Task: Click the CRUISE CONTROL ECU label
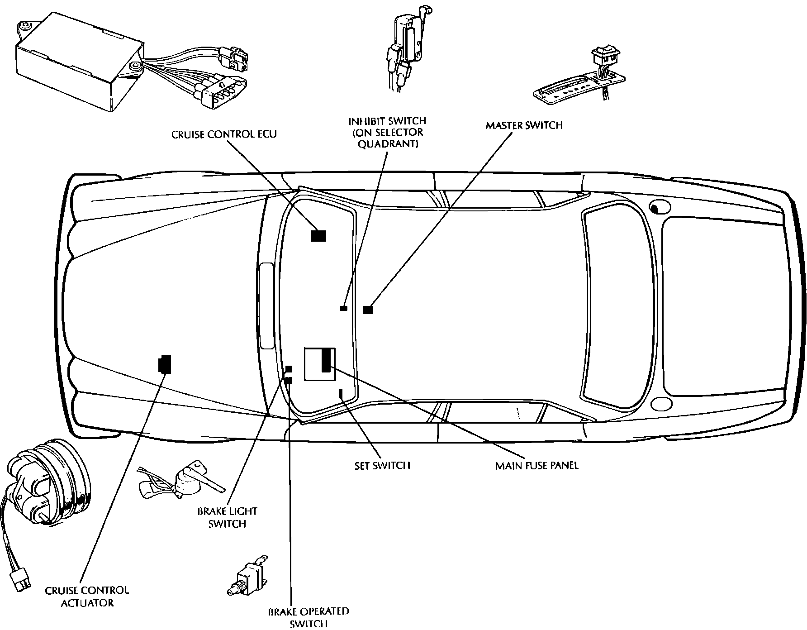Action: pos(224,134)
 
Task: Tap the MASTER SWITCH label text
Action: pos(524,125)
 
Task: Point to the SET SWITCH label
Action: pos(382,465)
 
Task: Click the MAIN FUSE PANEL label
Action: pos(537,465)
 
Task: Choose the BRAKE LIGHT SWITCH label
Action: pos(227,517)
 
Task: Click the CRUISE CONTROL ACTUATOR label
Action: pos(87,597)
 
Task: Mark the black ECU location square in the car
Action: pos(318,236)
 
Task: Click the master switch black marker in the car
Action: pos(368,310)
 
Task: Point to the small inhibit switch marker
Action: pos(344,308)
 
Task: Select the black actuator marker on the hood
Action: pos(165,364)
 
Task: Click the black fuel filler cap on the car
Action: pos(654,208)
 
